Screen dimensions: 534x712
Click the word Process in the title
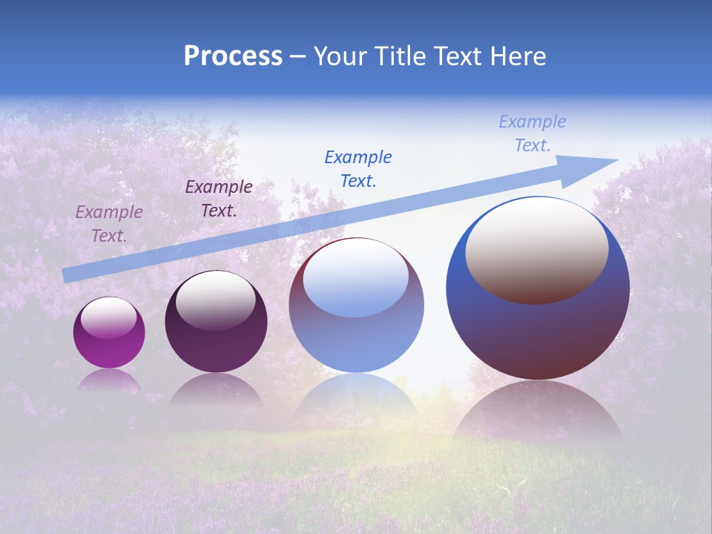tap(233, 56)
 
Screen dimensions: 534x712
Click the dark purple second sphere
tap(216, 322)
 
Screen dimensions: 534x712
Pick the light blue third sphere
tap(356, 306)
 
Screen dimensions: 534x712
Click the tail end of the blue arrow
tap(68, 275)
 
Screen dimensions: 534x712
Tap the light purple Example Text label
tap(109, 223)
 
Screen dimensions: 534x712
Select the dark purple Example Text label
tap(219, 198)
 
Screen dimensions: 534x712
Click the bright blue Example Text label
tap(358, 168)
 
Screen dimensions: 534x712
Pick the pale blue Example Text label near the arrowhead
tap(533, 133)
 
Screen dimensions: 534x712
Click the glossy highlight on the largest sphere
tap(537, 251)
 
